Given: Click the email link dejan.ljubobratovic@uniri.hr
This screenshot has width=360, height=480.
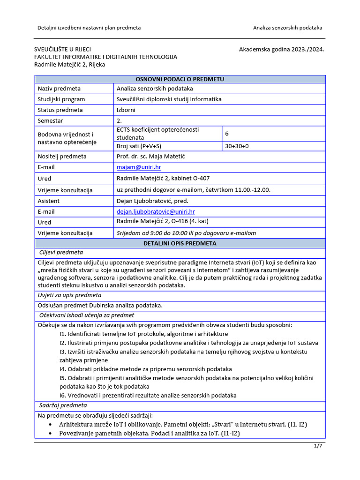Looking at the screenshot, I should coord(156,212).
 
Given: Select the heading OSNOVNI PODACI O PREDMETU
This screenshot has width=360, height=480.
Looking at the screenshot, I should coord(180,79).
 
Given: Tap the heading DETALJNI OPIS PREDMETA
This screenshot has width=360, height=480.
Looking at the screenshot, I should coord(180,243).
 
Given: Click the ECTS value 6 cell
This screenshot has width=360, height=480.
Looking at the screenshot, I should coord(227,134).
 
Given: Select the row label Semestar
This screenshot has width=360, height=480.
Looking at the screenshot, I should coord(51,121).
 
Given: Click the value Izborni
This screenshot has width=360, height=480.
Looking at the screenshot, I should coord(126,110).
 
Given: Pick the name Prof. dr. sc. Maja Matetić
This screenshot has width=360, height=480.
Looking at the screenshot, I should coord(150,156).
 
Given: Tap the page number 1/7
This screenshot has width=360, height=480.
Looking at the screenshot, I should coord(318,446).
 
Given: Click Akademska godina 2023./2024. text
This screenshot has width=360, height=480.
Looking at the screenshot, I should coord(281,49).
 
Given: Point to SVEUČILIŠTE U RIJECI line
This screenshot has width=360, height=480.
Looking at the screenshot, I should coord(63,49).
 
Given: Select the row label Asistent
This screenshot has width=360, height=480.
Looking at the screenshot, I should coord(49,201).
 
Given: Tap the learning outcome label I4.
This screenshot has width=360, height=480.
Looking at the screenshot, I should coord(63,369).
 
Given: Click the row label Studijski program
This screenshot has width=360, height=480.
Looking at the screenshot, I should coord(61,99).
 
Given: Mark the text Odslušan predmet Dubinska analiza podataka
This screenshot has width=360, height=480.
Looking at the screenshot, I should coord(100,305).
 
